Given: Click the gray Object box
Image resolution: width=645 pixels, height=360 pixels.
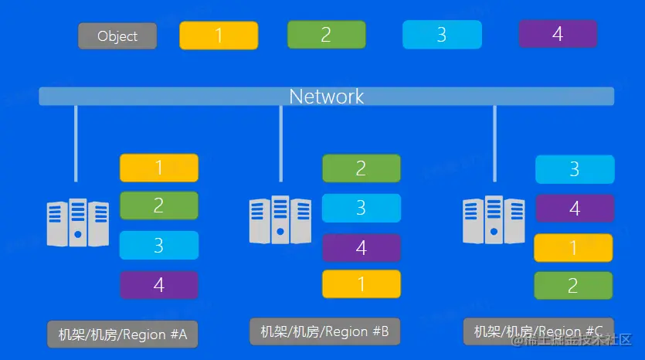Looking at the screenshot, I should click(117, 36).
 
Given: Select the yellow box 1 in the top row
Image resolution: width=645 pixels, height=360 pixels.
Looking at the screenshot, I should click(219, 36).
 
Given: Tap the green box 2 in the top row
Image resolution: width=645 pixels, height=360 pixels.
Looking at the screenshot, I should click(326, 35).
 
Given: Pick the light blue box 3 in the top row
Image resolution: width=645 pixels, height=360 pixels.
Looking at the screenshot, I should click(442, 35).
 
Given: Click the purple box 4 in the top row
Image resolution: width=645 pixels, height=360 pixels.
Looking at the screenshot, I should click(558, 34).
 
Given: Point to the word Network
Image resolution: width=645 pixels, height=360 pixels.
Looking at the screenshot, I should click(326, 97).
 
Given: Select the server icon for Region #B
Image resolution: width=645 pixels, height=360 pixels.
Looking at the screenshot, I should click(280, 219).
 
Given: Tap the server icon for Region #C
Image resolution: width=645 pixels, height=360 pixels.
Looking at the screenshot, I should click(494, 219).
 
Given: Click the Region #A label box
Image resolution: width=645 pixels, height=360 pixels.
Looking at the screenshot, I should click(123, 335).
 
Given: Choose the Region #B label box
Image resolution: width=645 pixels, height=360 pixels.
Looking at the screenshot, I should click(324, 331).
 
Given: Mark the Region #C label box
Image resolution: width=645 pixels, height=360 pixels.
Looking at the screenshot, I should click(538, 331).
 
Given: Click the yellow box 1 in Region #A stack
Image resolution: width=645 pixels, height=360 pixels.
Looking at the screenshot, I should click(159, 168).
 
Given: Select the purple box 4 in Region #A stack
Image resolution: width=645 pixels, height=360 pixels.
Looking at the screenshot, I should click(159, 285).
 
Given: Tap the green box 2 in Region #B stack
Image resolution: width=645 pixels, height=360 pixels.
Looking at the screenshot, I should click(361, 168).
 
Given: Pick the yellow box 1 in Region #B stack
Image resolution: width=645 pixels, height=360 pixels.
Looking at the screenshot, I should click(361, 284).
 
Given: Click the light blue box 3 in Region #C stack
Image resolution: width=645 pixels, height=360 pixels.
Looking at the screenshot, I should click(575, 169).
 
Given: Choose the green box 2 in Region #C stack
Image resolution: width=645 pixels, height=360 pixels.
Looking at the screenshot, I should click(573, 286).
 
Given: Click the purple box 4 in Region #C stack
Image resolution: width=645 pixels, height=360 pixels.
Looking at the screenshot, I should click(575, 209).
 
